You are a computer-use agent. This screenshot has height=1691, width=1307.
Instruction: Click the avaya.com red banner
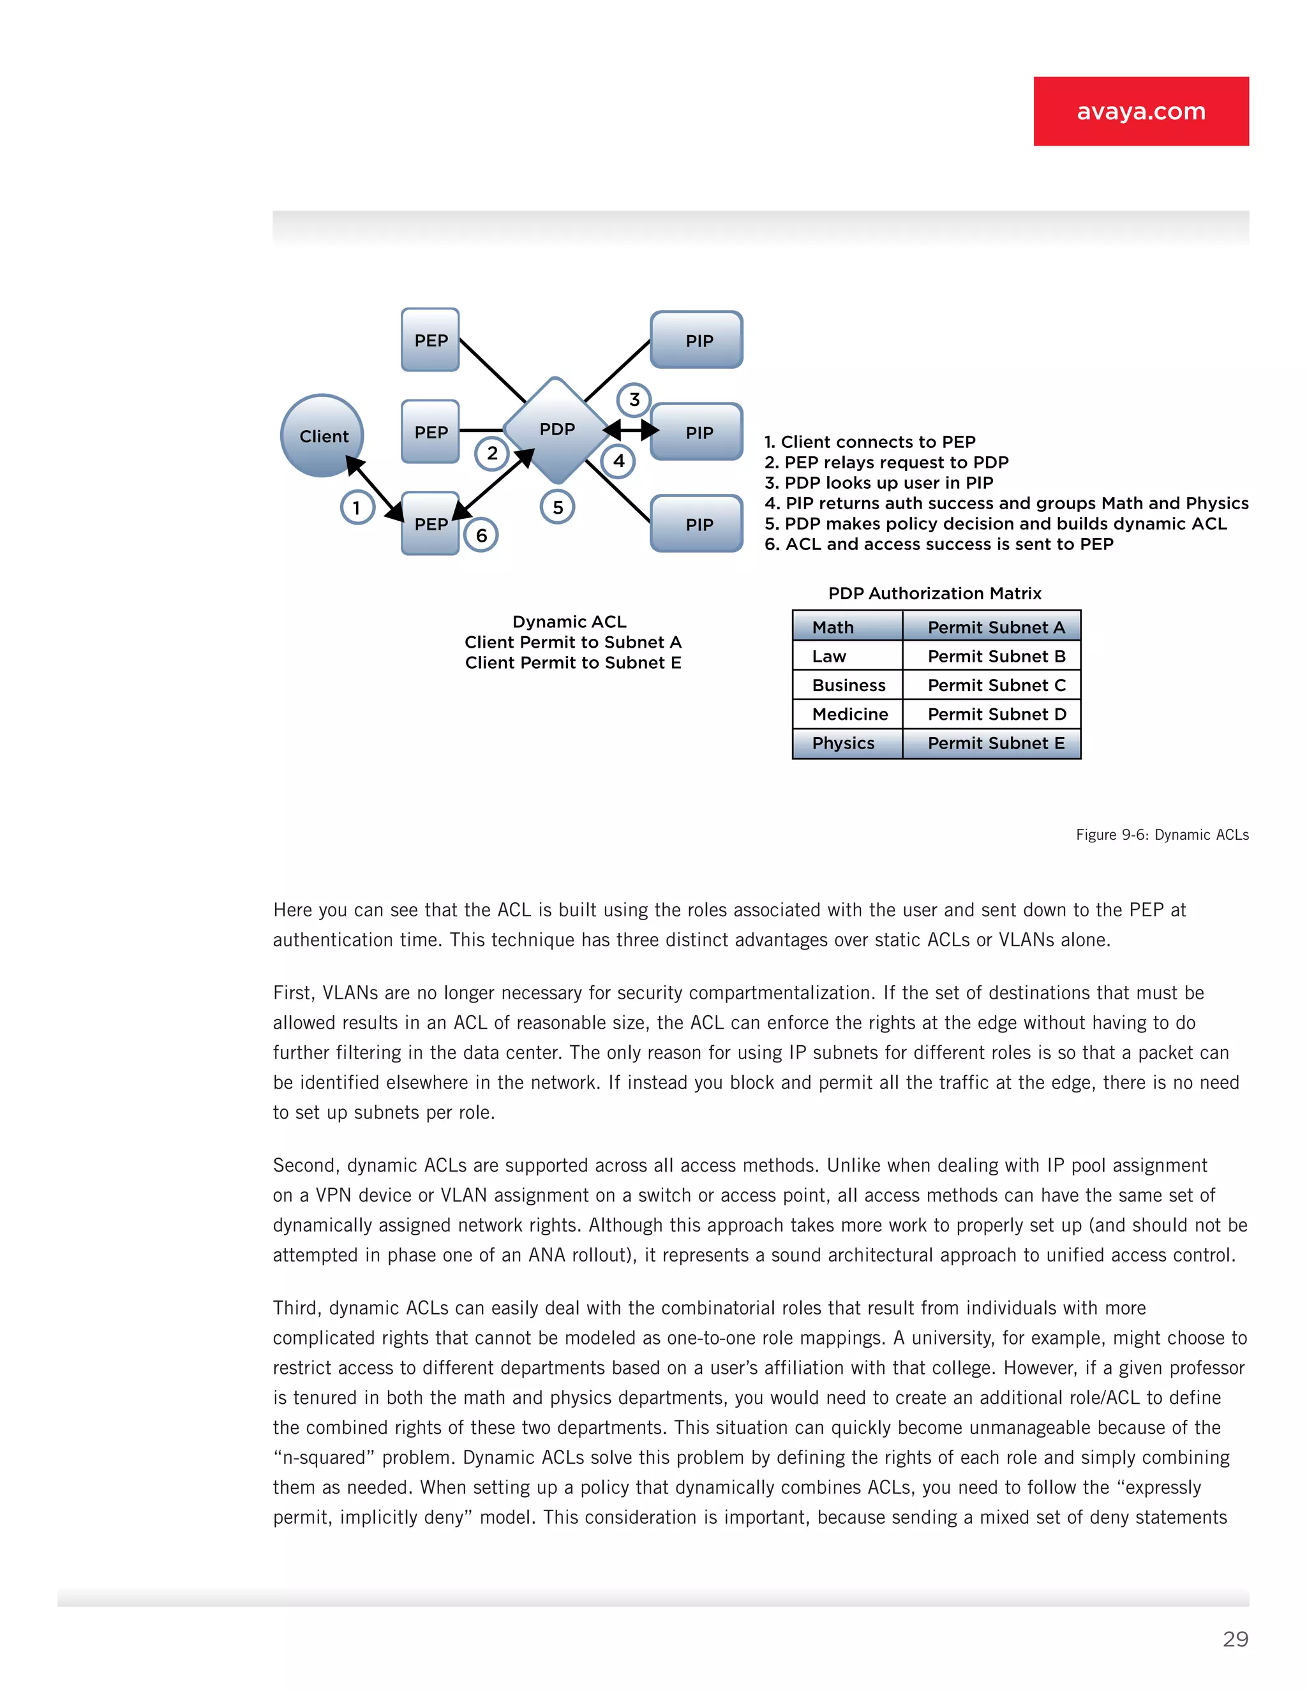tap(1140, 111)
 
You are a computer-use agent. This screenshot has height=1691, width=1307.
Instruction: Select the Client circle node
tap(322, 436)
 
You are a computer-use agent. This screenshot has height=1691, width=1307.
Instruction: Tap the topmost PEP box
tap(431, 340)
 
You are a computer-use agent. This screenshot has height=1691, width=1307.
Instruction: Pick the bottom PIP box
tap(697, 524)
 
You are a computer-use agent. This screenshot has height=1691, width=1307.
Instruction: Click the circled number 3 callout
tap(634, 399)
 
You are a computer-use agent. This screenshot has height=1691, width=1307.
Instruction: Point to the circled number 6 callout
tap(481, 535)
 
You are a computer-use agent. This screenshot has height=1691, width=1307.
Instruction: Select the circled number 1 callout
tap(357, 508)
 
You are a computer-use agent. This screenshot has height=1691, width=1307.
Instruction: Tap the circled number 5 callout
tap(558, 508)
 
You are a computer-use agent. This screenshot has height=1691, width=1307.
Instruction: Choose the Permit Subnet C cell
tap(996, 685)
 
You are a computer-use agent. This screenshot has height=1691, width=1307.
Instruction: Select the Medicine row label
tap(849, 714)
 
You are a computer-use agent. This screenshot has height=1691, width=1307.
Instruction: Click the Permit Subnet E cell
tap(996, 743)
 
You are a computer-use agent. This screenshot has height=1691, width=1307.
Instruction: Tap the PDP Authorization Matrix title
tap(934, 593)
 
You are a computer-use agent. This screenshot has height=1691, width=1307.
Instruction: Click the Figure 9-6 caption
tap(1161, 835)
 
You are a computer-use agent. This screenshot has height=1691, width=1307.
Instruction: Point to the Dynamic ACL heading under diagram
tap(569, 622)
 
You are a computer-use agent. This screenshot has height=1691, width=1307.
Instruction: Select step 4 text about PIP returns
tap(1006, 503)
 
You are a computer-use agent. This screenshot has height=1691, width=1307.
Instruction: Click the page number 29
tap(1235, 1639)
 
